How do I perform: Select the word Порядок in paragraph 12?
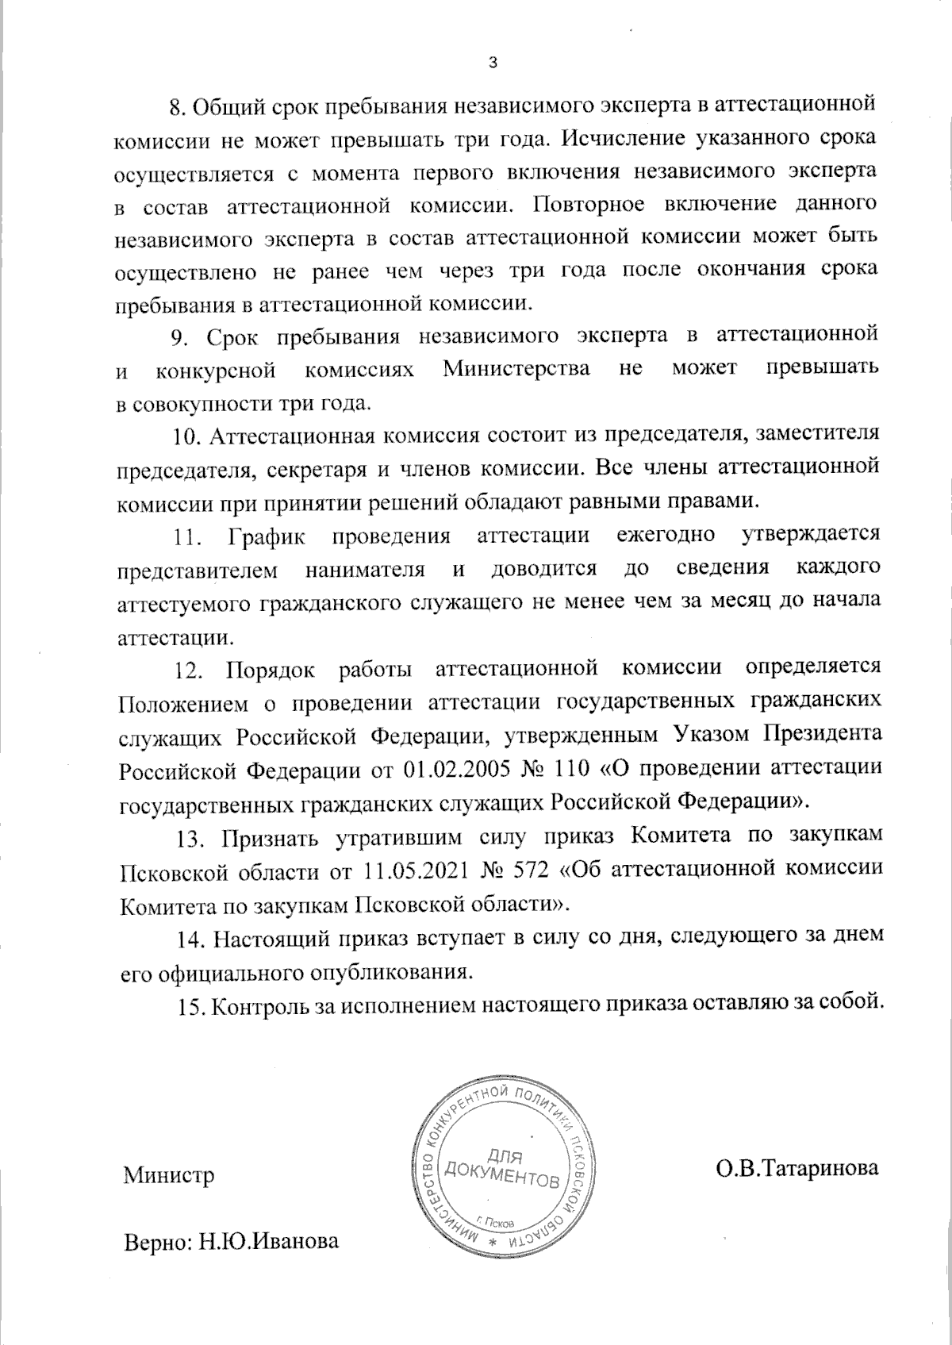[x=271, y=669]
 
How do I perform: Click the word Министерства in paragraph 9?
[x=516, y=370]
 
